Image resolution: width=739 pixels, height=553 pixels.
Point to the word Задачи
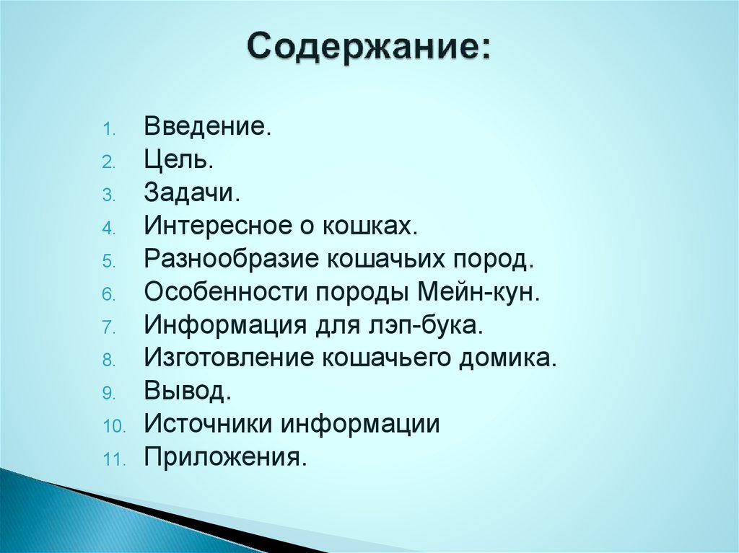coord(191,194)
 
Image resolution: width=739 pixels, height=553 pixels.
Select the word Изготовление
coord(227,358)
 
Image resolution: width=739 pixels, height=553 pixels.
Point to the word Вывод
coord(187,391)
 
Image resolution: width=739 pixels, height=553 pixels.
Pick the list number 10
coord(113,426)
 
